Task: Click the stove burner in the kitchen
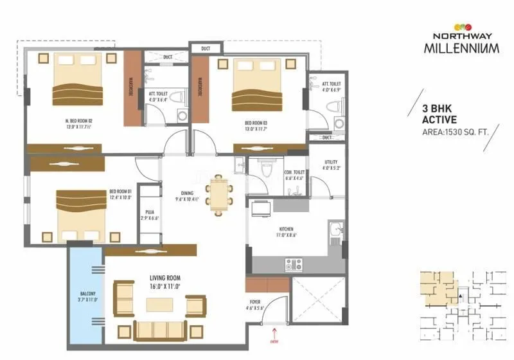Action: point(293,264)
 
